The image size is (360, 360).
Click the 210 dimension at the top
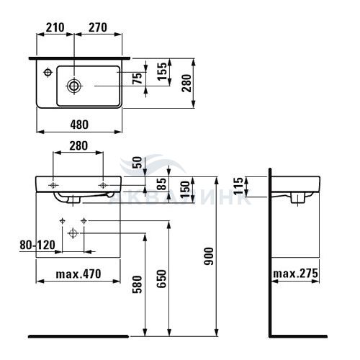tap(55, 27)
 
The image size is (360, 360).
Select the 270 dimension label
tap(98, 27)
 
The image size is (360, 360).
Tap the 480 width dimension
tap(79, 125)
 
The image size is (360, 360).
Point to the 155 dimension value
tap(162, 71)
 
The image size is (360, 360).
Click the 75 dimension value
tap(138, 78)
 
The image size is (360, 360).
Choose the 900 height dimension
tap(209, 256)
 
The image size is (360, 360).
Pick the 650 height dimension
tap(161, 279)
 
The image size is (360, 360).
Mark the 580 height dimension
tap(138, 284)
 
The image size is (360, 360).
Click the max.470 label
tap(78, 274)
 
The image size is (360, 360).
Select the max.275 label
tap(295, 274)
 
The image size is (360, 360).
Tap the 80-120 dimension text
tap(37, 245)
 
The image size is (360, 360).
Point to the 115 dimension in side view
tap(238, 186)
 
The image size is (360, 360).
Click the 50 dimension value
tap(138, 163)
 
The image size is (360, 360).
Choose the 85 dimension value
tap(161, 184)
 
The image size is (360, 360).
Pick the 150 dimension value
tap(185, 189)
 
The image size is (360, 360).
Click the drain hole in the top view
tap(74, 86)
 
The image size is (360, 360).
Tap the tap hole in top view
tap(48, 72)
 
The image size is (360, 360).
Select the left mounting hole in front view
tap(53, 185)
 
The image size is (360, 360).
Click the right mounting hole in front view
tap(103, 185)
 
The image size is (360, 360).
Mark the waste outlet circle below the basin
tap(73, 233)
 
